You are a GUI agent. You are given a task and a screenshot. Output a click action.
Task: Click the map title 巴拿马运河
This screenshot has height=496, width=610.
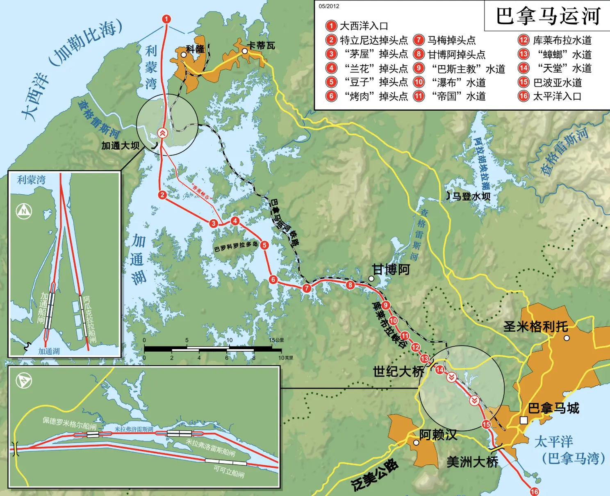coord(548,16)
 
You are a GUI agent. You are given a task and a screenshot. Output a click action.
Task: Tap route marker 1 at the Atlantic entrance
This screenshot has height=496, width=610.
coord(166,19)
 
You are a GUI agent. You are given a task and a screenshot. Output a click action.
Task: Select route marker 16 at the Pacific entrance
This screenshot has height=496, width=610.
coord(534,491)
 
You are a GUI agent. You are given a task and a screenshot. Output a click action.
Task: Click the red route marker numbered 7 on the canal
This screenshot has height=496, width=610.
coord(307,288)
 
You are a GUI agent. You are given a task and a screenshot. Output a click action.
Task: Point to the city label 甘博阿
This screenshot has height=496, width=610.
coord(391,270)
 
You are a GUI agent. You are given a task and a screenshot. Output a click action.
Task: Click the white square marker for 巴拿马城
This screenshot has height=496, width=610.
coord(524,420)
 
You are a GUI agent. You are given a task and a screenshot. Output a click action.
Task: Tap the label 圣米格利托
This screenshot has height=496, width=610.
coord(535,327)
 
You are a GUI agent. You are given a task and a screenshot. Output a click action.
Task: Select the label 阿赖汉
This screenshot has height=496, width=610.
coord(438,435)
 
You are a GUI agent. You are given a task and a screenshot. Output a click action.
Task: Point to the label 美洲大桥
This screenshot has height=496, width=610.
coord(472,462)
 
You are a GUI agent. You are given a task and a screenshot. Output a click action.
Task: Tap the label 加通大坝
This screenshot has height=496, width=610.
coord(120,146)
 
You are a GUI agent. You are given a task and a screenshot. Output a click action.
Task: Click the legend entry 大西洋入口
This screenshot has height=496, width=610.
coord(364,26)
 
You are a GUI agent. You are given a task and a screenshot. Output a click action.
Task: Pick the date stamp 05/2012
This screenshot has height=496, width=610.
coord(329,6)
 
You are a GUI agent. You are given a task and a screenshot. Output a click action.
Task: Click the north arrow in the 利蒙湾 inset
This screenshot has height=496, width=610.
coord(24,211)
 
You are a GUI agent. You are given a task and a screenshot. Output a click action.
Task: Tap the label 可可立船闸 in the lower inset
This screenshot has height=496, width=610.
coord(229,472)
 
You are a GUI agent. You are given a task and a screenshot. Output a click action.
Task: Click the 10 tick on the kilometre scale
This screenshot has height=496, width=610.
coord(230,340)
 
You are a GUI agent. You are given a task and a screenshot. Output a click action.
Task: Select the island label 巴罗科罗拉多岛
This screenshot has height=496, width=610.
coord(236,246)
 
